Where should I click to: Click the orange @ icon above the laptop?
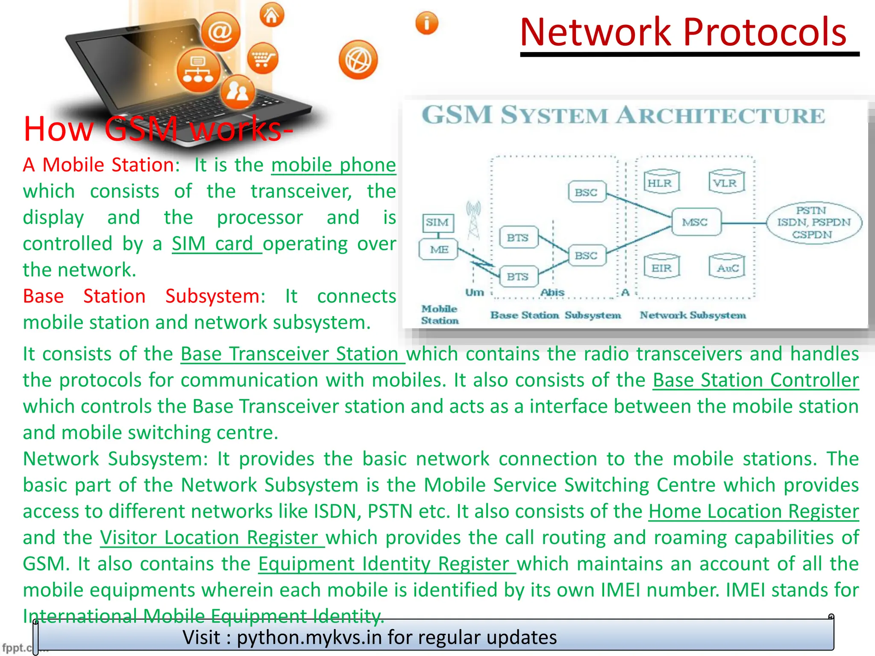coord(220,31)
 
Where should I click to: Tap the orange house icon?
coord(272,15)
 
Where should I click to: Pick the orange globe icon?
coord(358,60)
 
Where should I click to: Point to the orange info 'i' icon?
coord(426,23)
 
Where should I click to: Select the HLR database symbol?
coord(661,182)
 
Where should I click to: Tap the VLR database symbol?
coord(726,182)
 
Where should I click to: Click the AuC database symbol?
coord(727,267)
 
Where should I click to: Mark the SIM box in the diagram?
coord(437,223)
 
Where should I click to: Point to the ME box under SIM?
coord(439,250)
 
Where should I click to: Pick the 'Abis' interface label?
coord(552,293)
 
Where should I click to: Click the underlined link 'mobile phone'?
coord(333,165)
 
